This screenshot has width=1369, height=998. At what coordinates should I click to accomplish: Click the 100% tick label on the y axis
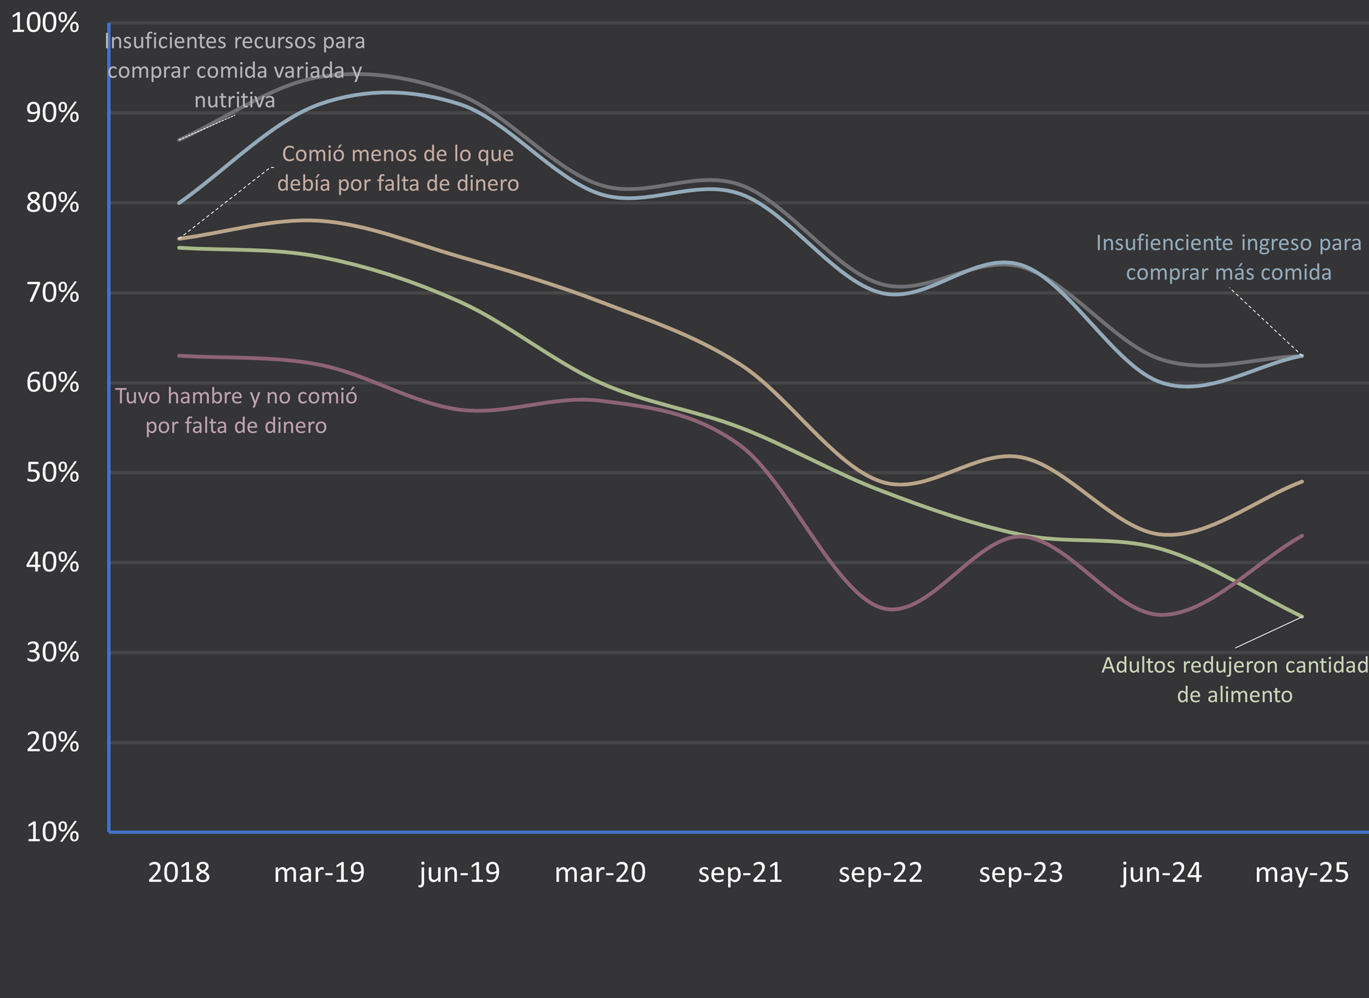coord(45,23)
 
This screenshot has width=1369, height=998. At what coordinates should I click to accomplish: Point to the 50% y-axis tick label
coord(52,473)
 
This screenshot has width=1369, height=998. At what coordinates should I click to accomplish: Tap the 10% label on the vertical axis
coord(52,833)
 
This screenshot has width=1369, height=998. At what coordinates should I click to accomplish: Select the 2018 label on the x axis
coord(179,873)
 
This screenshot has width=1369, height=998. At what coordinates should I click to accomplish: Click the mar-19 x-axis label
coord(319,873)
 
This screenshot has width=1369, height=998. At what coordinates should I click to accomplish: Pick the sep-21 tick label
coord(741,873)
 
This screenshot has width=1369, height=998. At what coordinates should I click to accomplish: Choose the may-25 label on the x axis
coord(1301,873)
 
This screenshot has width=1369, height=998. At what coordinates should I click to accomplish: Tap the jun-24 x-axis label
coord(1161,873)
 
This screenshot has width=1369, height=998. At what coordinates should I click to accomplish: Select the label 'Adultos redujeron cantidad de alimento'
coord(1234,679)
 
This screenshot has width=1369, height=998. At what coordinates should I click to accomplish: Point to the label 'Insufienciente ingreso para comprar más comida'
coord(1228,257)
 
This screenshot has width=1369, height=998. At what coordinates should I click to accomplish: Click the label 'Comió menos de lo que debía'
coord(398,168)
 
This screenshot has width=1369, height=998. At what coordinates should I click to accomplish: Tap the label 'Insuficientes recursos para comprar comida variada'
coord(234,70)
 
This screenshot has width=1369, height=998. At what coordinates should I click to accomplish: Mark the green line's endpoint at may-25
coord(1301,616)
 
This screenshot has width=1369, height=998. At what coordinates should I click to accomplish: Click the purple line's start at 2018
coord(180,356)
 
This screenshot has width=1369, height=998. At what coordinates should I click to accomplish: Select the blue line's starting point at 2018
coord(180,203)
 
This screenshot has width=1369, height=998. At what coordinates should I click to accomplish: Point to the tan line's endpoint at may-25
coord(1301,481)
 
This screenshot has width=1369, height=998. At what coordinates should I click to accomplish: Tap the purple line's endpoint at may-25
coord(1301,535)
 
